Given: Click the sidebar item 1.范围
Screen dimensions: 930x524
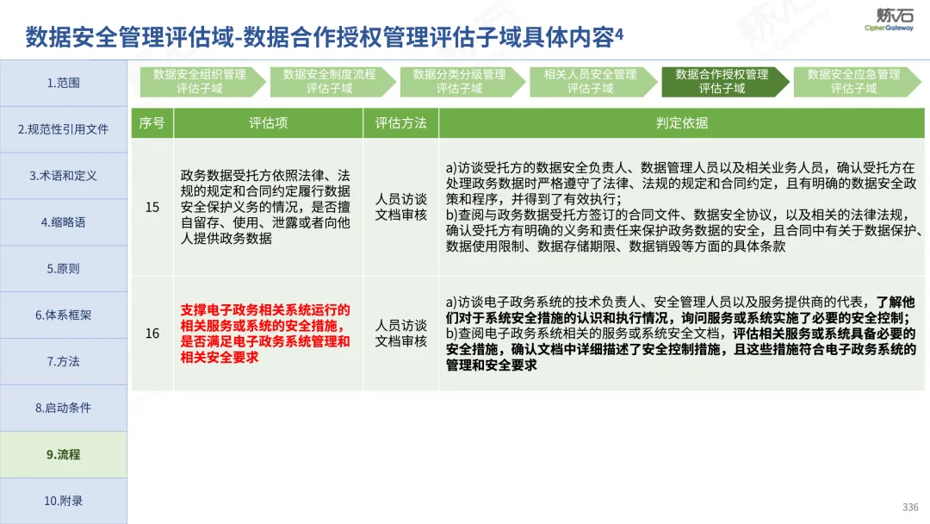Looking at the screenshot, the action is pyautogui.click(x=64, y=83).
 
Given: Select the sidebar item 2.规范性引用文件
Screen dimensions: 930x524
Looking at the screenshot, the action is pyautogui.click(x=64, y=129).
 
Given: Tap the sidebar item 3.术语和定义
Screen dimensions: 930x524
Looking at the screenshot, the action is pyautogui.click(x=64, y=176).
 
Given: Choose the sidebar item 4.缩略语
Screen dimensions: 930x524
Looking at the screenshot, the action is pyautogui.click(x=64, y=222).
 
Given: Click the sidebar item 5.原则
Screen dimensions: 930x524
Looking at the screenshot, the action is pyautogui.click(x=64, y=268).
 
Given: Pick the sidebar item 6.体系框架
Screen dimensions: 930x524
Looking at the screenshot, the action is pyautogui.click(x=64, y=315).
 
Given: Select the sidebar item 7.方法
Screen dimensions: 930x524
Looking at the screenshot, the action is pyautogui.click(x=64, y=361).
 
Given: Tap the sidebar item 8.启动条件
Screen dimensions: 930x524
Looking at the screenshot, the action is pyautogui.click(x=64, y=408).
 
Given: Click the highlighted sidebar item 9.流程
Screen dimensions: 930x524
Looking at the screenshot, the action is pyautogui.click(x=64, y=454).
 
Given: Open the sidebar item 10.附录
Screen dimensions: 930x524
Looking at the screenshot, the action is pyautogui.click(x=64, y=501).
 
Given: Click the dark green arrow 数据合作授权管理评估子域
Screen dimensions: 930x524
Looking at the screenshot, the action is pyautogui.click(x=724, y=81).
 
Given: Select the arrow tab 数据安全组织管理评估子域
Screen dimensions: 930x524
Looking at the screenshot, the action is pyautogui.click(x=201, y=81).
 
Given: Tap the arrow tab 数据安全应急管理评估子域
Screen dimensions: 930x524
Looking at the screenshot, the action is pyautogui.click(x=857, y=81).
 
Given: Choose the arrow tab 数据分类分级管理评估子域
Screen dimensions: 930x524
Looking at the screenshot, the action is pyautogui.click(x=462, y=81).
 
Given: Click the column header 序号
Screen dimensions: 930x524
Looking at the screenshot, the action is pyautogui.click(x=152, y=123).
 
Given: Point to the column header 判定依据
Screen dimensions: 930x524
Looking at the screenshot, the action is pyautogui.click(x=682, y=123).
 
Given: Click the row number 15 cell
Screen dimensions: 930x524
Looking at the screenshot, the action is pyautogui.click(x=152, y=207).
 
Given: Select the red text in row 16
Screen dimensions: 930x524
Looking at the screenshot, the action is pyautogui.click(x=265, y=334).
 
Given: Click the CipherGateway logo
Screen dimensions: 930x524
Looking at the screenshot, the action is pyautogui.click(x=889, y=20).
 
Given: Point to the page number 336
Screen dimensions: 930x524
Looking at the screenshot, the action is pyautogui.click(x=910, y=508).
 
